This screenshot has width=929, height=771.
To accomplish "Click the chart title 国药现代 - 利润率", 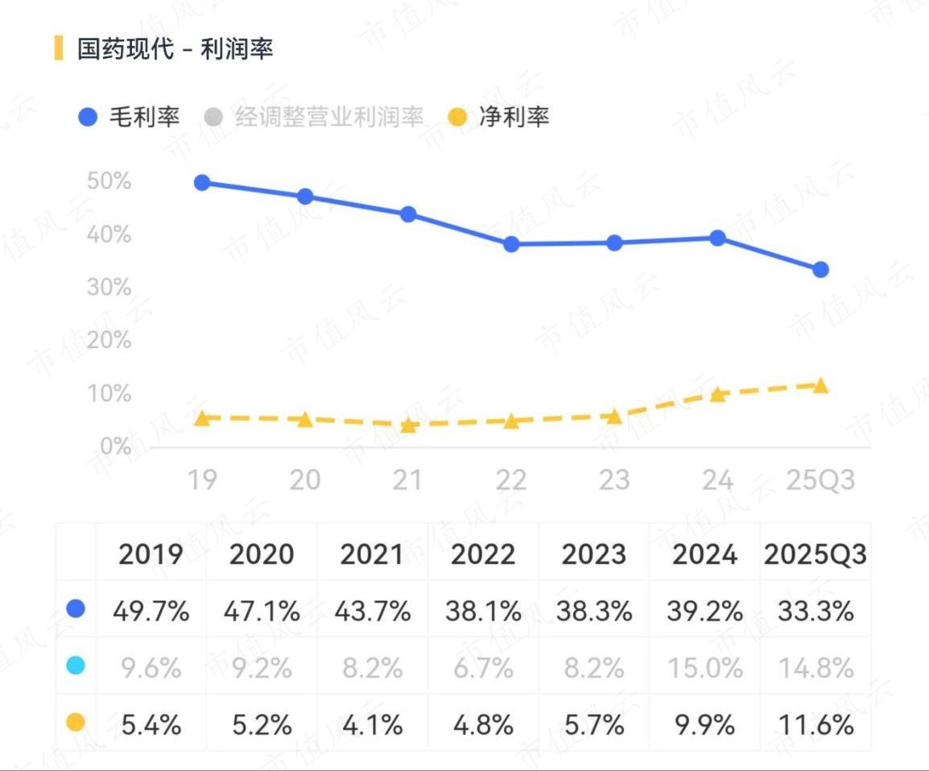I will click(175, 48).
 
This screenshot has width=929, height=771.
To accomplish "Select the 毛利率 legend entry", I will click(130, 118).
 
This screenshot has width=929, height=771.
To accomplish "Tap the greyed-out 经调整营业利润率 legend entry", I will click(315, 118).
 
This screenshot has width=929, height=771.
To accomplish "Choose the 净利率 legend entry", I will click(499, 118).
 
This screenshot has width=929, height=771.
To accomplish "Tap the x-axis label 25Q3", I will click(820, 480).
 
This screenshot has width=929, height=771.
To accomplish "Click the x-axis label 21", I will click(407, 480).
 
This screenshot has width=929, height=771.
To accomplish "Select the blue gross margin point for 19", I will click(202, 183).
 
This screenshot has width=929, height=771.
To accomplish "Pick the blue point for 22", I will click(511, 244).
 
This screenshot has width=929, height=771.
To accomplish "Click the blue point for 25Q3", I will click(820, 270).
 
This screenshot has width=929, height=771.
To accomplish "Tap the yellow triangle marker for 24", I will click(717, 394).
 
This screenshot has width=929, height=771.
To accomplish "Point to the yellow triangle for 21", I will click(408, 425).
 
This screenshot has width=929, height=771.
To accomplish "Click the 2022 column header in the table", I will click(483, 554).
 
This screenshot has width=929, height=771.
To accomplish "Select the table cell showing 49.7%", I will click(151, 611).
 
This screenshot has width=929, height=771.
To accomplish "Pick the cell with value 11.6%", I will click(815, 725).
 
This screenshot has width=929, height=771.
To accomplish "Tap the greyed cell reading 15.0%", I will click(705, 668).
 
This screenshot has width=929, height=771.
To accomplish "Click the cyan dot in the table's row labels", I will click(76, 666).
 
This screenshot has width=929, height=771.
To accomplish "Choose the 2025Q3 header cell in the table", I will click(815, 554).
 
